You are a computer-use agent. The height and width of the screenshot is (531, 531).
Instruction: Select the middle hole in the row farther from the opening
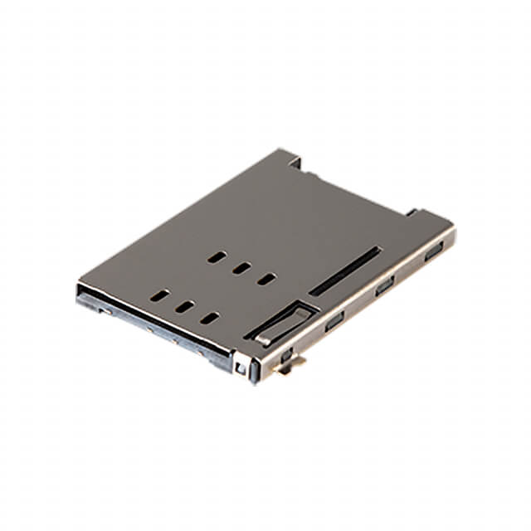(241, 269)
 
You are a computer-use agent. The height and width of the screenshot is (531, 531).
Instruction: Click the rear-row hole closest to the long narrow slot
(265, 280)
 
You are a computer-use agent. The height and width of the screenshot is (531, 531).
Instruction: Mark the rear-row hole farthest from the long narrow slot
(217, 258)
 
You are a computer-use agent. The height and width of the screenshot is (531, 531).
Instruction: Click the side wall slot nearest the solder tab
(334, 321)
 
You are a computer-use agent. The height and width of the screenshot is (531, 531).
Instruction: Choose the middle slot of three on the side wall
(383, 287)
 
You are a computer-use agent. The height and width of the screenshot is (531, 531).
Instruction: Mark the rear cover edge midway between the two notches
(357, 184)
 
